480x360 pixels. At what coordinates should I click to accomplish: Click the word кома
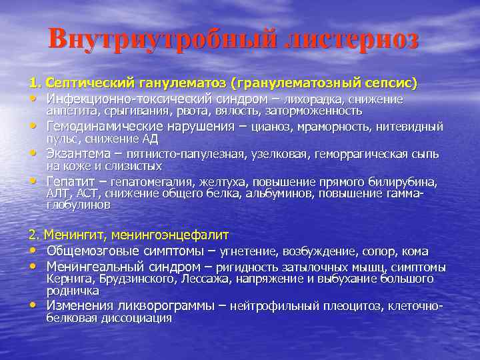[x=415, y=251]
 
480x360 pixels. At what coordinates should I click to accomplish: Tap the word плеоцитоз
[x=349, y=307]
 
